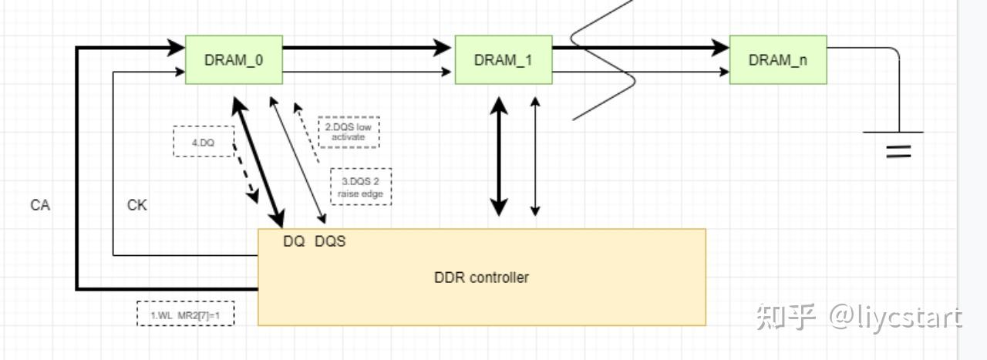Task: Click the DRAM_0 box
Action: [x=234, y=59]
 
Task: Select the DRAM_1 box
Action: [x=503, y=59]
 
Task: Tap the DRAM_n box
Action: [x=777, y=59]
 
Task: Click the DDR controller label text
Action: [x=481, y=278]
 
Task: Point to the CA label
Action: [x=40, y=205]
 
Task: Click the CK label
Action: [x=136, y=205]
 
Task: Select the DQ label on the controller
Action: [x=294, y=241]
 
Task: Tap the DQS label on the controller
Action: [x=330, y=241]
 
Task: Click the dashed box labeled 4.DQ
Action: [x=203, y=141]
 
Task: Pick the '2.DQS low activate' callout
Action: [x=349, y=132]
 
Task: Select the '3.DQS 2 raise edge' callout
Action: [x=360, y=187]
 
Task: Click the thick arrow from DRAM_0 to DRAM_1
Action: [x=366, y=48]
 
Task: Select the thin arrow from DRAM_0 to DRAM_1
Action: [x=366, y=72]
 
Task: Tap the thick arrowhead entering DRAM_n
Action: [x=720, y=48]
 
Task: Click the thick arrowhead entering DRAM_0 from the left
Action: [x=176, y=48]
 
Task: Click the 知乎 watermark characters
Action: [x=786, y=316]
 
